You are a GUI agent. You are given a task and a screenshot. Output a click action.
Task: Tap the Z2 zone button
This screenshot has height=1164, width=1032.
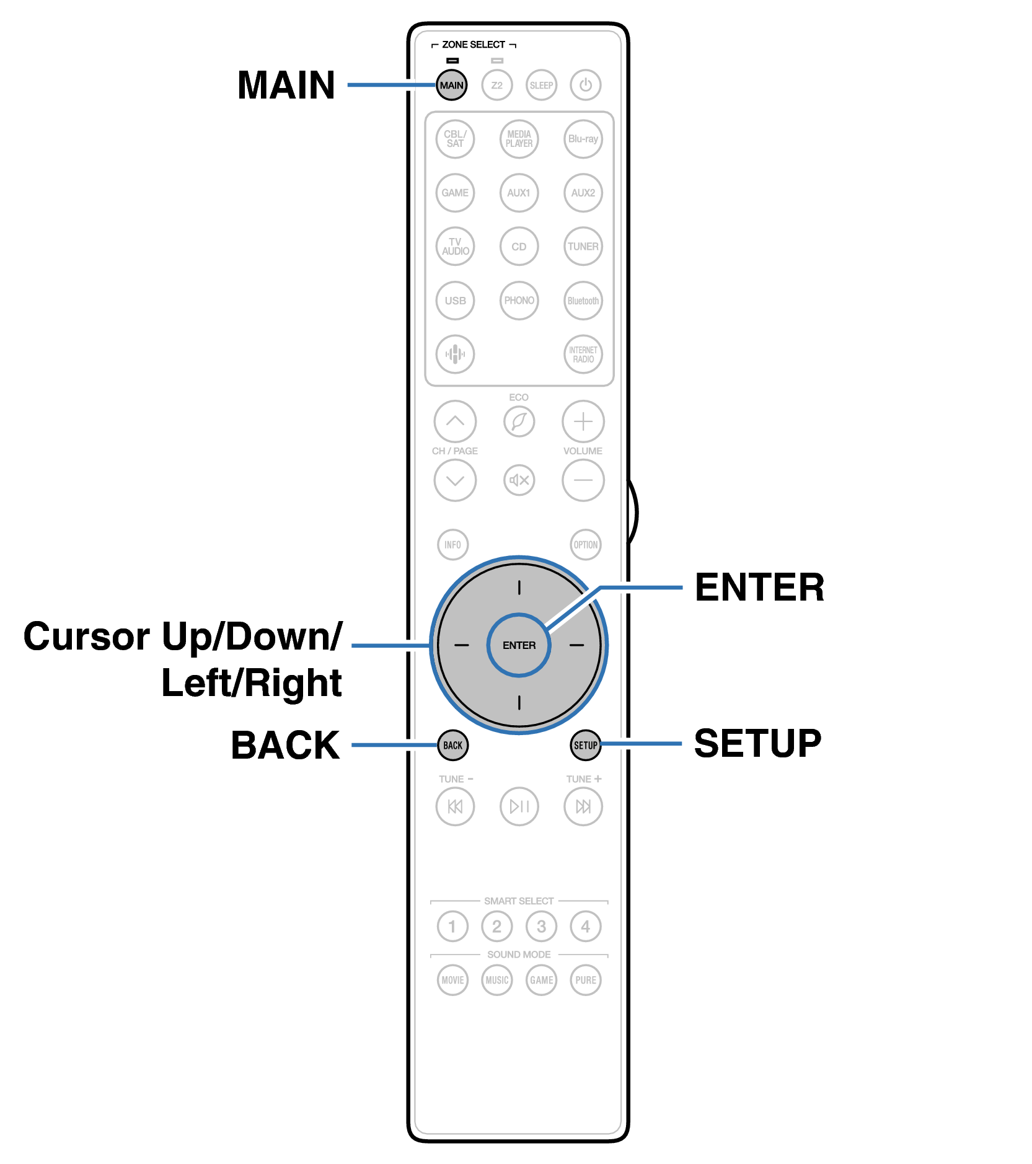click(496, 85)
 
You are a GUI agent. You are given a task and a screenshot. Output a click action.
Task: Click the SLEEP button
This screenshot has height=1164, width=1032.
click(541, 85)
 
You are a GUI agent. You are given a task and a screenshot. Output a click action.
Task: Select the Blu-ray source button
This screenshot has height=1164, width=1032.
click(583, 139)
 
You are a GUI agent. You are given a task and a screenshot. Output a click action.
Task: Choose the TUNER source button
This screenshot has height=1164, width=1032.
click(583, 246)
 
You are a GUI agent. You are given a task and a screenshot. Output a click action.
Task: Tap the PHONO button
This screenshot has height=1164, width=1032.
click(519, 301)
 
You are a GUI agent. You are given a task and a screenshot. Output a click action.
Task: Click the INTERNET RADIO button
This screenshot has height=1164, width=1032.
click(583, 354)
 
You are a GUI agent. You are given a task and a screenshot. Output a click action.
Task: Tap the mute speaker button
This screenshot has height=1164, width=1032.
click(519, 480)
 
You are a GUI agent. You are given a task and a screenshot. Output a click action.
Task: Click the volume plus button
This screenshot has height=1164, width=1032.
click(583, 421)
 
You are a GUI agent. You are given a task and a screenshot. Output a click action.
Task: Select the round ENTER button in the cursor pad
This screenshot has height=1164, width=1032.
click(519, 645)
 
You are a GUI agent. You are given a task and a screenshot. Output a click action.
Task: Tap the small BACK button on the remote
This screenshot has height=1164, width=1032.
click(452, 745)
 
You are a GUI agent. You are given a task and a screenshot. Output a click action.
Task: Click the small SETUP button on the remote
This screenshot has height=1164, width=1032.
click(585, 745)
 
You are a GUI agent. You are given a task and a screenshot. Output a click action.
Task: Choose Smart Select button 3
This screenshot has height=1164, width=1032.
click(541, 926)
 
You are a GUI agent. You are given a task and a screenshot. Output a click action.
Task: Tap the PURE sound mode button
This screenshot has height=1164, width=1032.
click(585, 980)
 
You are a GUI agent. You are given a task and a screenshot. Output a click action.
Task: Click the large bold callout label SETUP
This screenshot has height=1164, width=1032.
click(757, 743)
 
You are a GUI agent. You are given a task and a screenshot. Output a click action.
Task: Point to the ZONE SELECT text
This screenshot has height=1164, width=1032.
click(474, 45)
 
